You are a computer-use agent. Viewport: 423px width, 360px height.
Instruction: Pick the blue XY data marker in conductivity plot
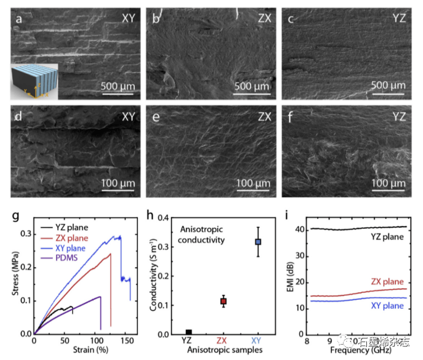pyautogui.click(x=259, y=242)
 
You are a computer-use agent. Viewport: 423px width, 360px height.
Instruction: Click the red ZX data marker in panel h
pyautogui.click(x=224, y=301)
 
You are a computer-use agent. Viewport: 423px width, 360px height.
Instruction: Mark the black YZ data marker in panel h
pyautogui.click(x=188, y=333)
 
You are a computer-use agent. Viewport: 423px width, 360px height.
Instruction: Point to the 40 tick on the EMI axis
pyautogui.click(x=301, y=230)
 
